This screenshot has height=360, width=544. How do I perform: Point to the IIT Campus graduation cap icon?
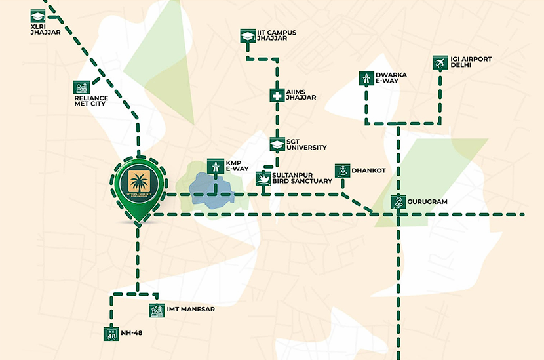247,35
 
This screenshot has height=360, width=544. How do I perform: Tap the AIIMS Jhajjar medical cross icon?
277,96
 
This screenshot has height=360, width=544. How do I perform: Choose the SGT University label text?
307,144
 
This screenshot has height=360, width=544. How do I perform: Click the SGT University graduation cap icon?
277,144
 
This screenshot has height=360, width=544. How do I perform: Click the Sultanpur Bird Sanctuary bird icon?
263,178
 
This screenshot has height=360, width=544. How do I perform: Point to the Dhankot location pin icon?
341,170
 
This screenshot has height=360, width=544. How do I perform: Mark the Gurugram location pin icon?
397,202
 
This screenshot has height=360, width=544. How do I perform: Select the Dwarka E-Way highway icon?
366,79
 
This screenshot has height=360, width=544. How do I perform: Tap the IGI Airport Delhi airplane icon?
440,63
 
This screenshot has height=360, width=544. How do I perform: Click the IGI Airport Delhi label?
471,63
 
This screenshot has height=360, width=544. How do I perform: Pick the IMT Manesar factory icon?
156,310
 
